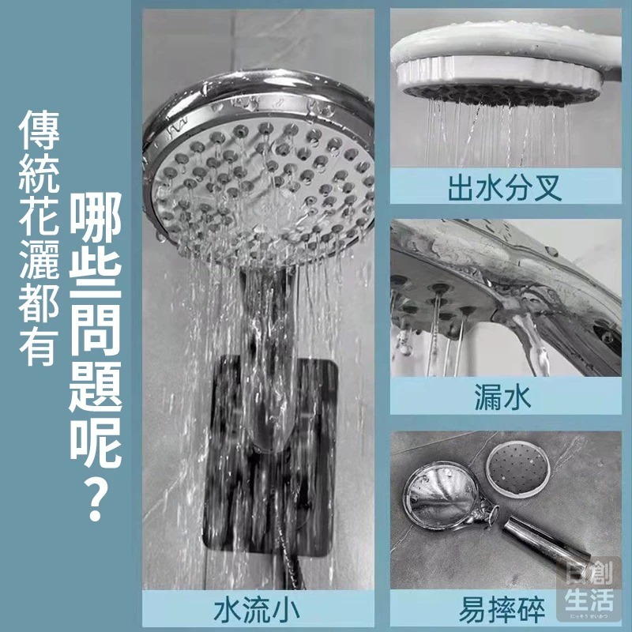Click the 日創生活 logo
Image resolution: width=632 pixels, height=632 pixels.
coord(589,589)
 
